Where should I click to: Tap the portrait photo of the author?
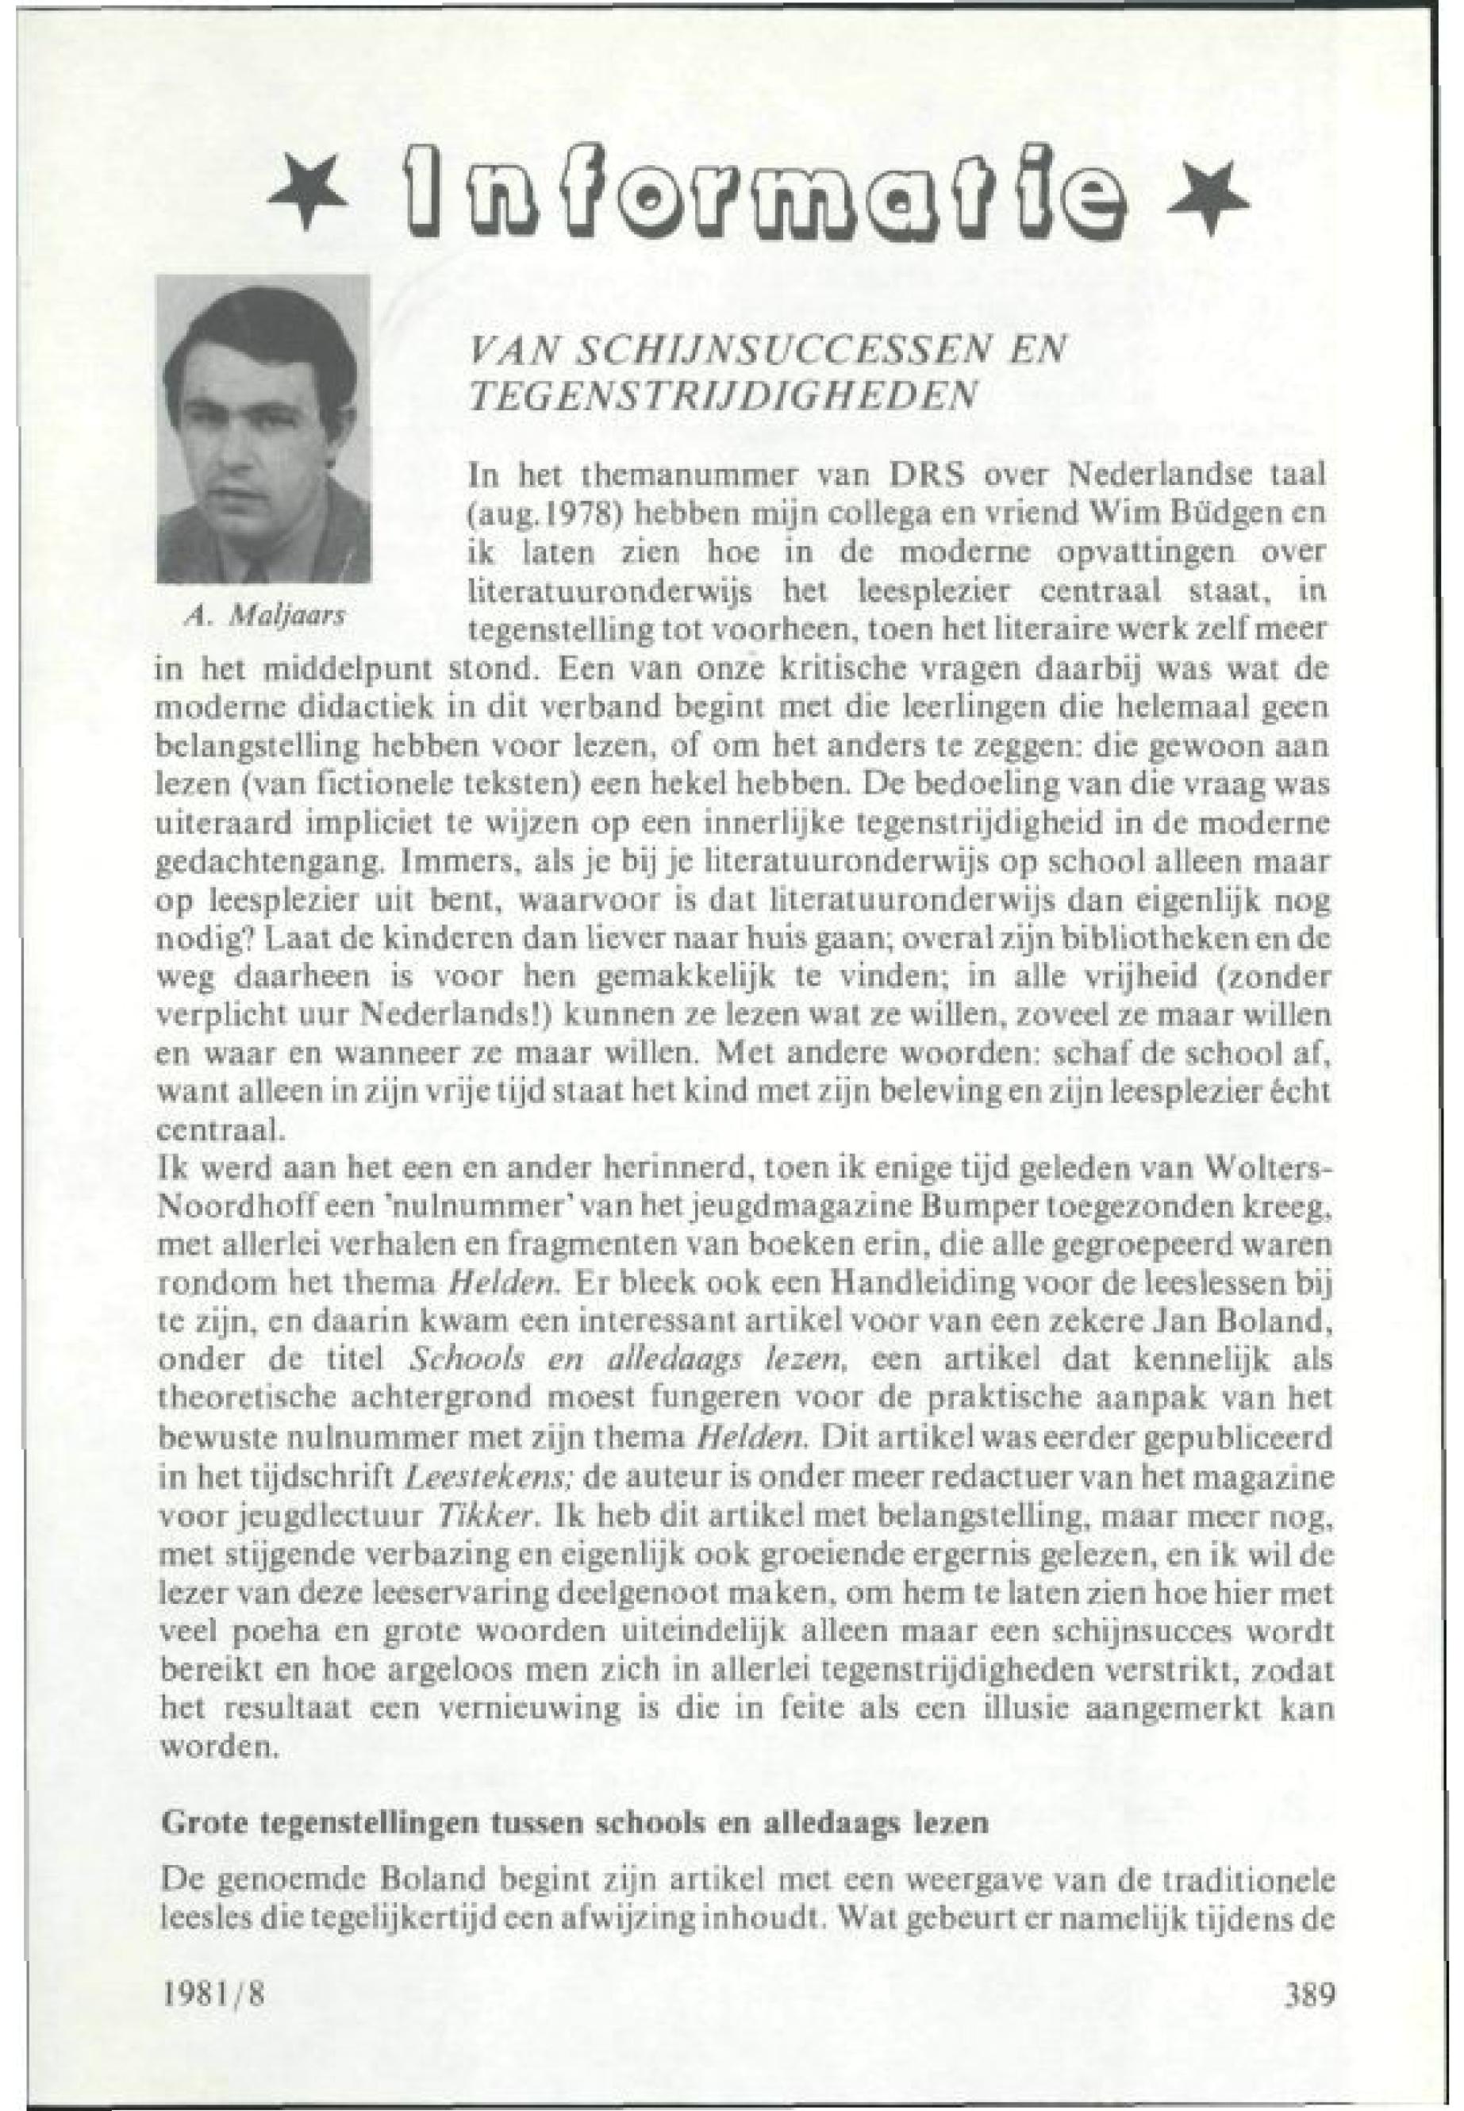(x=264, y=429)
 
